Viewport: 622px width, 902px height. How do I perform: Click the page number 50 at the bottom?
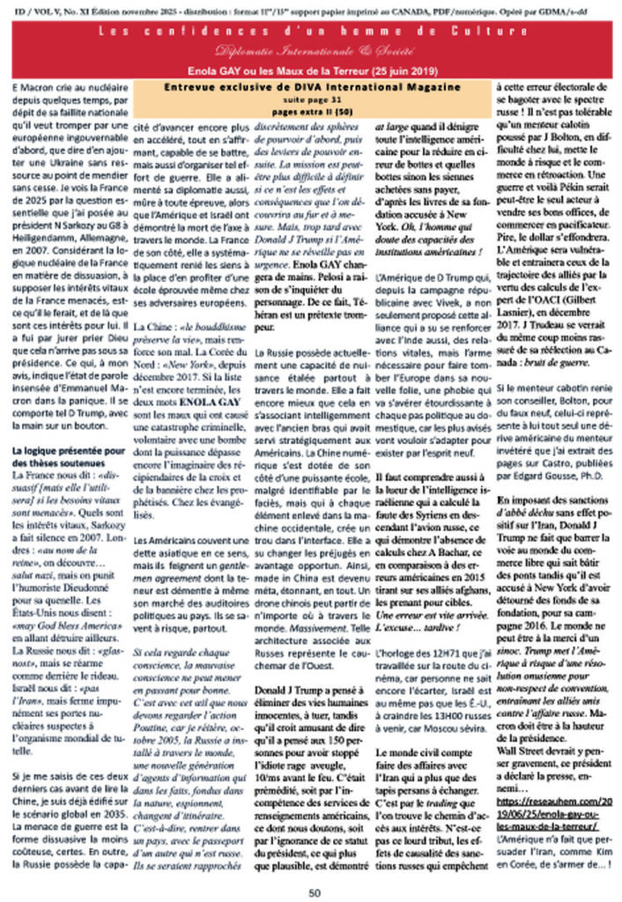(314, 891)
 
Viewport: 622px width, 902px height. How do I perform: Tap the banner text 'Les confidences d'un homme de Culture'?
(311, 33)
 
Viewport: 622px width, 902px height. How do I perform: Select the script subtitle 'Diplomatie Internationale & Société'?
(311, 50)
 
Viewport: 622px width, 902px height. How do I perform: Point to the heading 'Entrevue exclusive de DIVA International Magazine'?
(312, 87)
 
